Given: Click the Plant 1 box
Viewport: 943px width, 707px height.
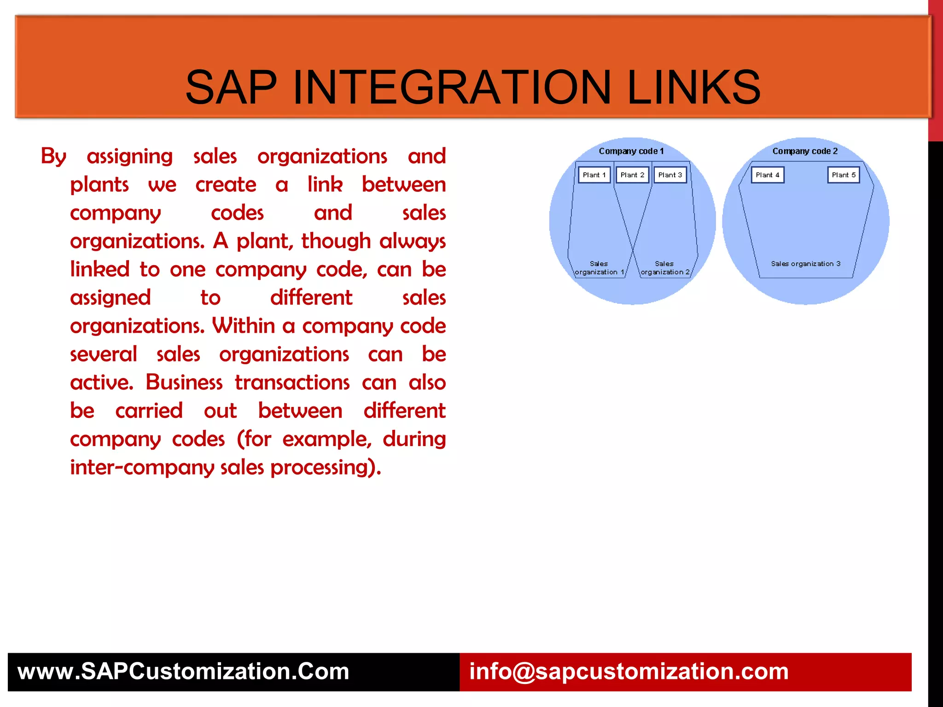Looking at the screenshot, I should (594, 175).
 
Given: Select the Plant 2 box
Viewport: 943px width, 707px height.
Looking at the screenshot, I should (632, 175).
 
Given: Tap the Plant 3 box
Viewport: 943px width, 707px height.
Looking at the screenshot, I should (670, 175).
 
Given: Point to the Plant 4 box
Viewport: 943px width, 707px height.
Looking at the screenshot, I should (768, 175).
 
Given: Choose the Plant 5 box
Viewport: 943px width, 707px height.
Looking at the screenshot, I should (844, 175).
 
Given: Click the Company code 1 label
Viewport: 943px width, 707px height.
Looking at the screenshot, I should (631, 151).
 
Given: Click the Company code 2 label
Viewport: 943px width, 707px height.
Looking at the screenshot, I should (805, 151).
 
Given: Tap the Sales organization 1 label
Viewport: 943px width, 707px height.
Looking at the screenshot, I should (599, 268).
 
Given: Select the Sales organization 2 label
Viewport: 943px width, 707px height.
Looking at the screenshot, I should (664, 268).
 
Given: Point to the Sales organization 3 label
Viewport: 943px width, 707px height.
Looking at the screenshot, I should (806, 264).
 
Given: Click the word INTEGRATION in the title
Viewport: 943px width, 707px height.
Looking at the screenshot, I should (452, 87).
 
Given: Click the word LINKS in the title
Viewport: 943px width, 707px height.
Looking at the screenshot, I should (694, 87).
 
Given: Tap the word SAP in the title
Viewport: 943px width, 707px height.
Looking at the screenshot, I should (231, 87).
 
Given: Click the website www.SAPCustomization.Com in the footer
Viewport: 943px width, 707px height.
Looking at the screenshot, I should (183, 671).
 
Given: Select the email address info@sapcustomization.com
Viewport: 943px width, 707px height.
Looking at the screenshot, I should (629, 671).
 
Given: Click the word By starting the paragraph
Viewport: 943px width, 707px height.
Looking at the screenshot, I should (53, 156).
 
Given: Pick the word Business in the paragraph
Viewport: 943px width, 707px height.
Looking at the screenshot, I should (184, 382).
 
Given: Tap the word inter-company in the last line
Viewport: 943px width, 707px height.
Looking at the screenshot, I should (142, 468).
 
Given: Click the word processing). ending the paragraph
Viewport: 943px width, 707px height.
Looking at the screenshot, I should (326, 468).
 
